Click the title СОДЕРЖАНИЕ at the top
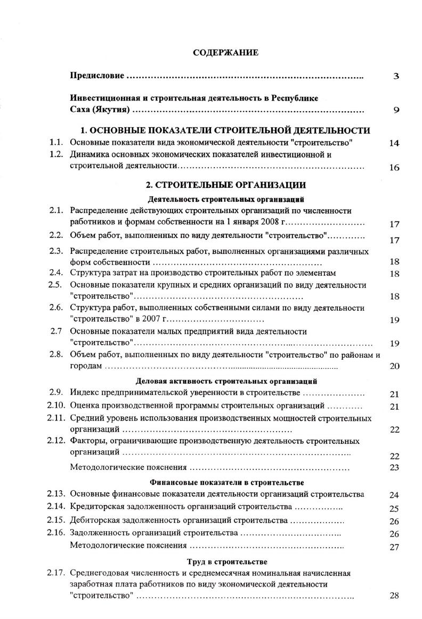225,53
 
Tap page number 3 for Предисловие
396,77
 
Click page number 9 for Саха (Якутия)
396,111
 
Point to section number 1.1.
56,143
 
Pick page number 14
394,144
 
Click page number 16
394,168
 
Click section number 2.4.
56,273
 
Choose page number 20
394,366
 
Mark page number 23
394,468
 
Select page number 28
394,596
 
